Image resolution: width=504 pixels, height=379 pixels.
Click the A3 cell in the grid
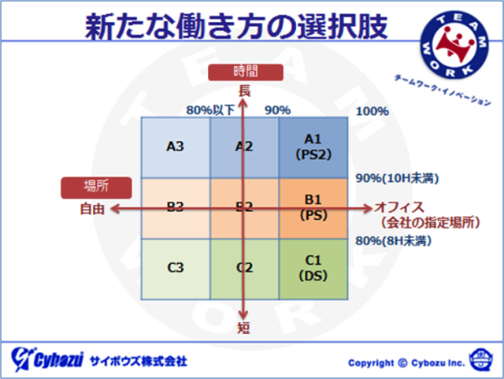176,147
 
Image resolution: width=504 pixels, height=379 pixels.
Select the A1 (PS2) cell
313,147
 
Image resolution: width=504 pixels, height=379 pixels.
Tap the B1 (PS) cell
313,208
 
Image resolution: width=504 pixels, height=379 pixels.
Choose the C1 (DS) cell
313,269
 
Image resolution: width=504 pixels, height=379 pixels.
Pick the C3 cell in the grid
176,269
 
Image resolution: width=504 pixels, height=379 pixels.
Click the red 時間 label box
246,72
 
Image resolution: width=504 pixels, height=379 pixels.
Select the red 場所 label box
96,188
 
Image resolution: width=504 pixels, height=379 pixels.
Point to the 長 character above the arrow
244,91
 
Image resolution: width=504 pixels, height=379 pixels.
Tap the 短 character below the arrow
243,328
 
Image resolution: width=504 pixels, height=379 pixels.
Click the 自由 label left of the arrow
92,209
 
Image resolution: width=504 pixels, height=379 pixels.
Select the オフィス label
399,207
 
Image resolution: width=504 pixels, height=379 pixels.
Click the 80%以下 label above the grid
210,110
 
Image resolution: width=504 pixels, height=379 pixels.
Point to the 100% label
372,111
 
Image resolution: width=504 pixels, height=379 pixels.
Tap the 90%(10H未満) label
397,178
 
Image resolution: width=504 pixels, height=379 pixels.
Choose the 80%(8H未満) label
393,240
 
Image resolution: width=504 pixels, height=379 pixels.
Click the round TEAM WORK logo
454,45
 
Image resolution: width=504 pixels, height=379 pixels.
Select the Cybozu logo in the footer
47,359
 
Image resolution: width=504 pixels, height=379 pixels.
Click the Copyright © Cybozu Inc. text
406,363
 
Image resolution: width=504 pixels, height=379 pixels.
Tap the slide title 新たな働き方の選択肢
236,26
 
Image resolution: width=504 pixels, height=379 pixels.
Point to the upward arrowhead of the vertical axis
243,102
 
